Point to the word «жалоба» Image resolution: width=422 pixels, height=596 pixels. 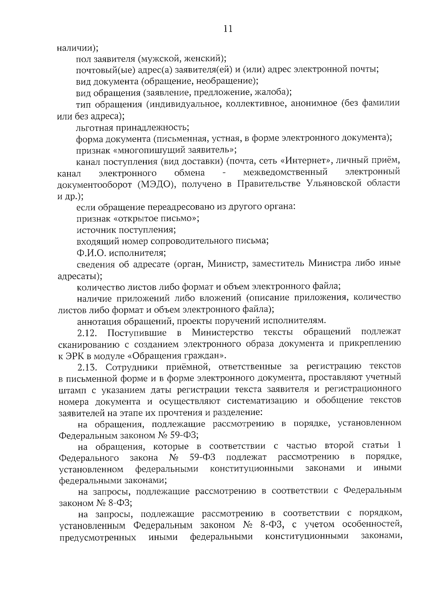click(x=272, y=93)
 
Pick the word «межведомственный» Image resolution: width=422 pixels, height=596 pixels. click(x=285, y=173)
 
